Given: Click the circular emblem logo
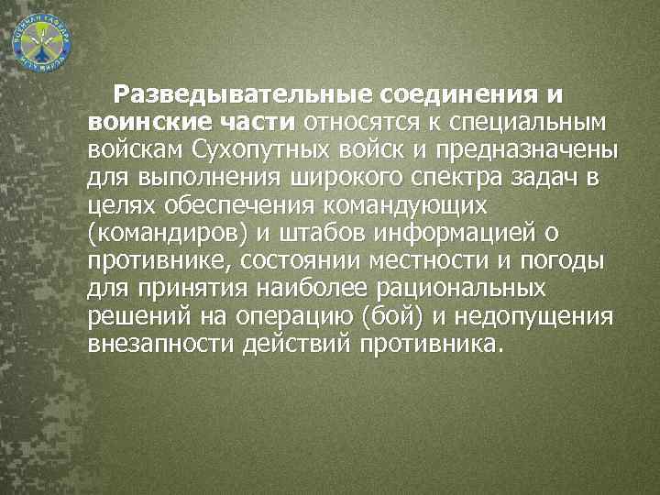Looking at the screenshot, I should (42, 41).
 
